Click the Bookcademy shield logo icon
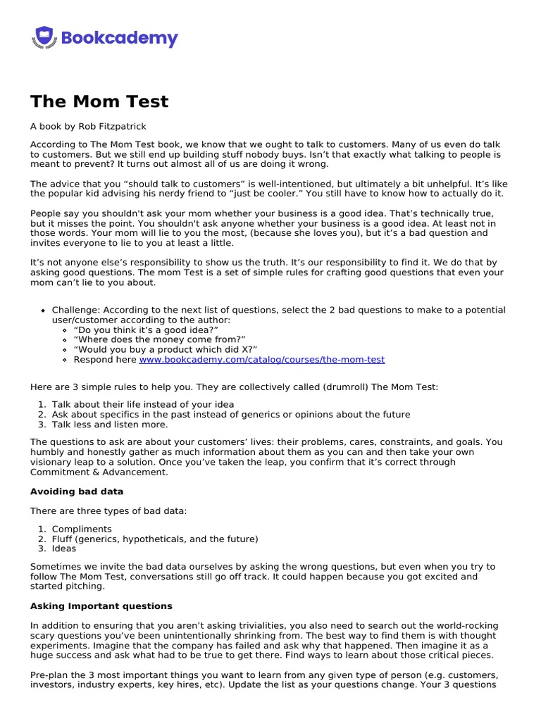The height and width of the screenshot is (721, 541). click(44, 37)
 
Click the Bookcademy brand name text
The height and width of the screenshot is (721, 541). click(120, 38)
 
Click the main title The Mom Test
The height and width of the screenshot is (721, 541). click(99, 101)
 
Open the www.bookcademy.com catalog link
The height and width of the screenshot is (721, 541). click(261, 359)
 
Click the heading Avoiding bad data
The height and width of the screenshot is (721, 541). click(77, 491)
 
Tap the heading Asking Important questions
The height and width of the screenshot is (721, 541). click(101, 606)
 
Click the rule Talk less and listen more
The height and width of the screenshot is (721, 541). click(110, 425)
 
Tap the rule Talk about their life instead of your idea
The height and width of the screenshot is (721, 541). click(143, 405)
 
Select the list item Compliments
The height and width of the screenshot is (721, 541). click(82, 529)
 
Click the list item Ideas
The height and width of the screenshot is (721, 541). click(64, 548)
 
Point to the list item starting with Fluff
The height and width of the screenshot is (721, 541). click(155, 539)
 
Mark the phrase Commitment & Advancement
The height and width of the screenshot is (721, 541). click(99, 472)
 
